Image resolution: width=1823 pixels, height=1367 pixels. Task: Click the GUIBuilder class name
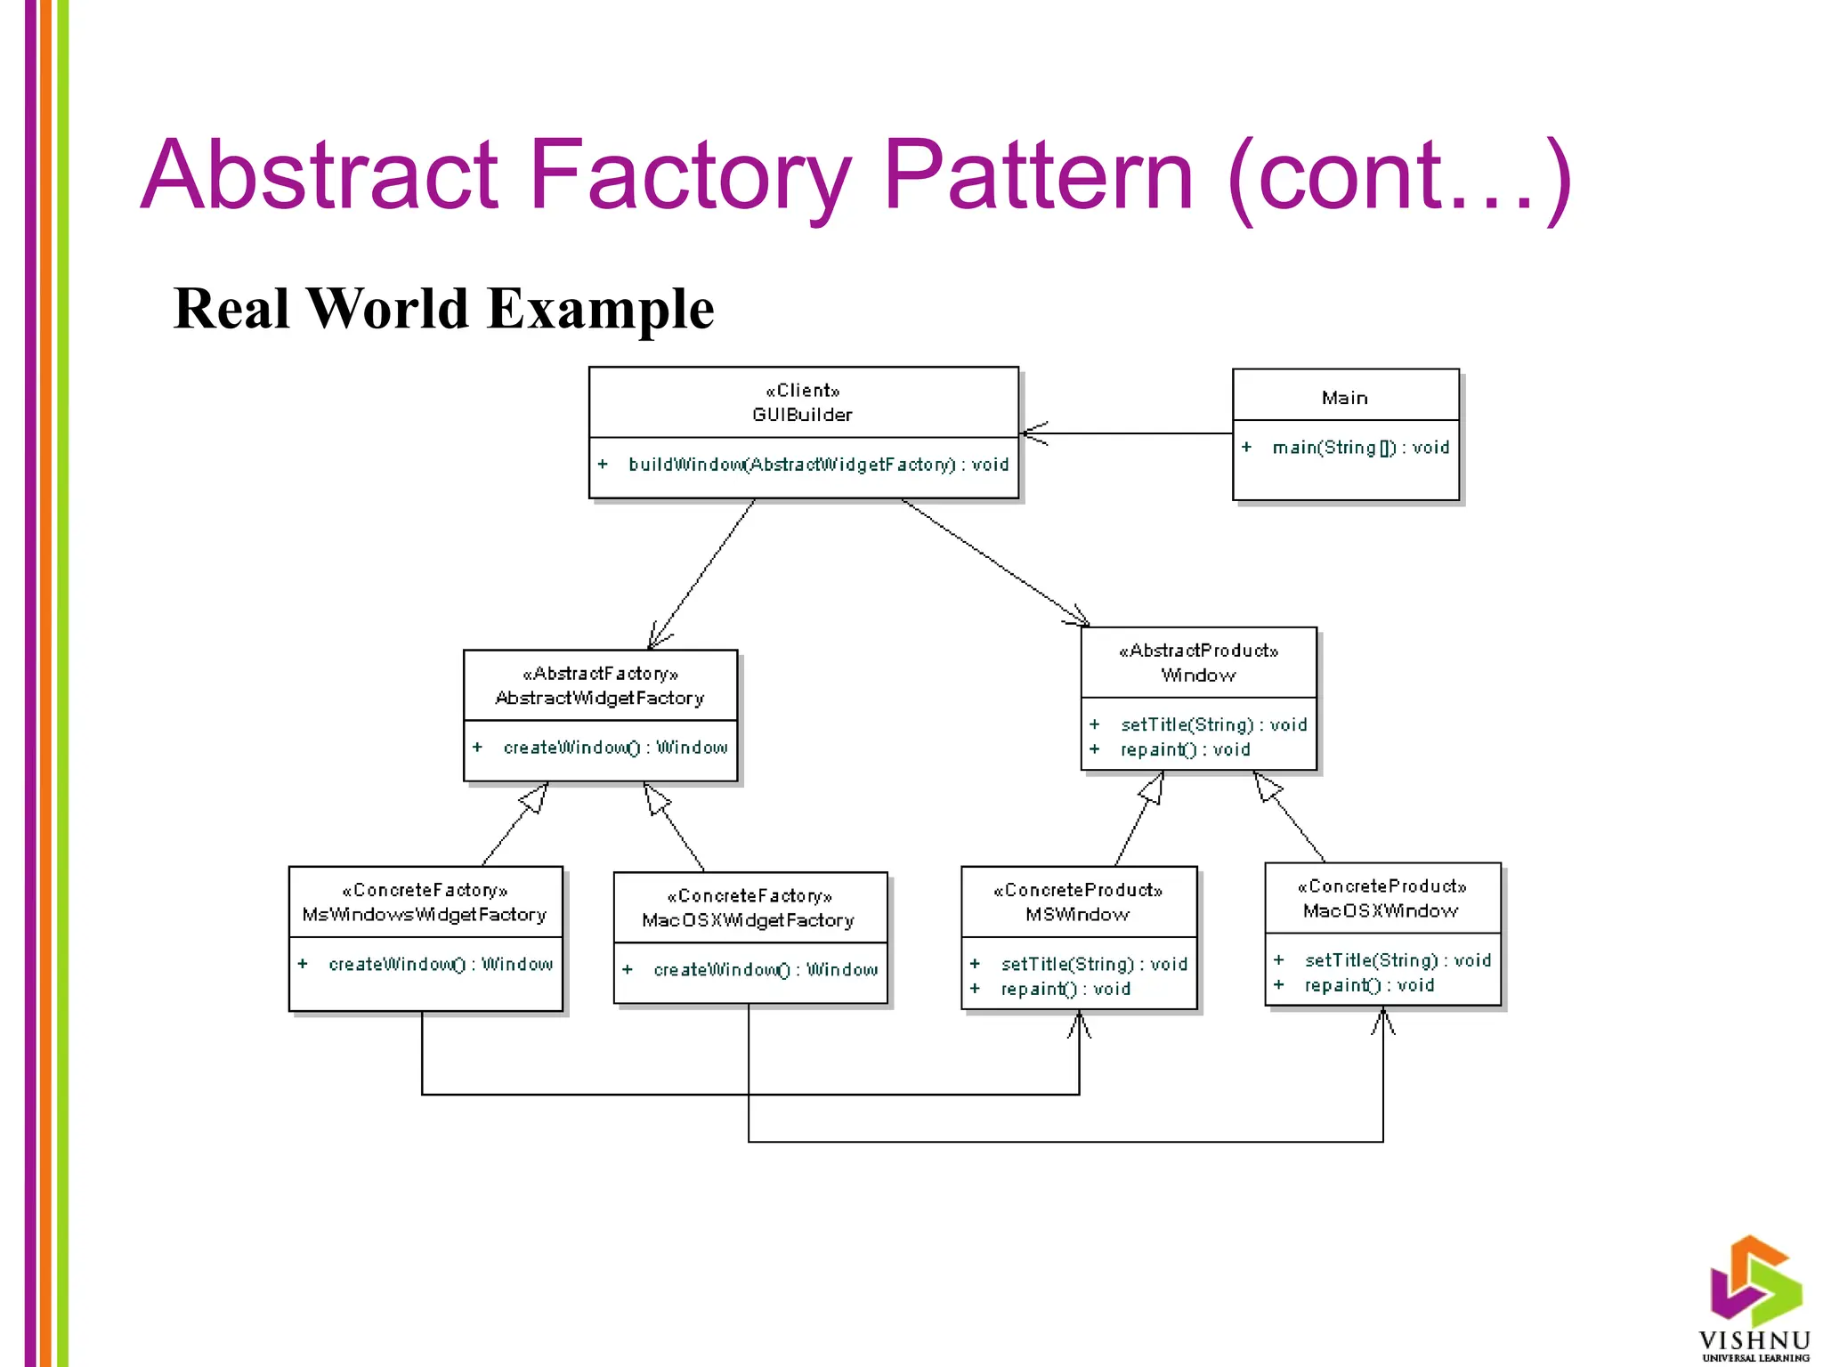click(x=802, y=415)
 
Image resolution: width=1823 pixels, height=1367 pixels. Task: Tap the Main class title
click(x=1344, y=398)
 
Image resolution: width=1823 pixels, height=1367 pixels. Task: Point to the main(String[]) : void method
click(x=1360, y=448)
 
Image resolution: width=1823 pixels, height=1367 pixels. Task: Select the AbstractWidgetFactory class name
click(x=600, y=699)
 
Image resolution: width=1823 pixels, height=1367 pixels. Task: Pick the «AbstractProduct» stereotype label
click(x=1198, y=651)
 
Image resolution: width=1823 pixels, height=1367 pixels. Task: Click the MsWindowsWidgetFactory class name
click(x=425, y=915)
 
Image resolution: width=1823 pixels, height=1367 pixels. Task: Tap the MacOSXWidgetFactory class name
click(x=748, y=920)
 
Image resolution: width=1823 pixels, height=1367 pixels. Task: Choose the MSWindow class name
click(x=1077, y=915)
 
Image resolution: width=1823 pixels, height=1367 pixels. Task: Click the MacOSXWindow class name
click(x=1381, y=911)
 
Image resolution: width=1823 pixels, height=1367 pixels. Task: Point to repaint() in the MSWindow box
click(x=1065, y=989)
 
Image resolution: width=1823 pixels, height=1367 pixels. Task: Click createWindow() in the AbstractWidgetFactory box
click(x=615, y=748)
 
